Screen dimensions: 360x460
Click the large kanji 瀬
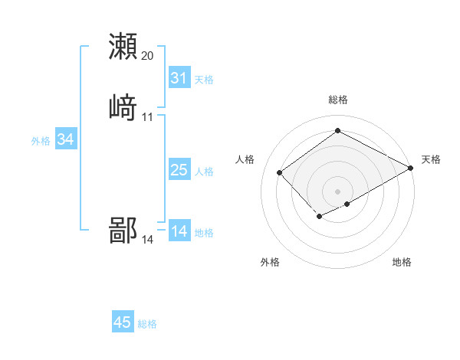coord(123,46)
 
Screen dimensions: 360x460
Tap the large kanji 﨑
coord(123,107)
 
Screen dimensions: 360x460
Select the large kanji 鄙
coord(123,230)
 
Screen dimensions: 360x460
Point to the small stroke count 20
coord(148,56)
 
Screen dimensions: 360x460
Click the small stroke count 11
coord(148,117)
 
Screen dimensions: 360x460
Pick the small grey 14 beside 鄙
coord(148,240)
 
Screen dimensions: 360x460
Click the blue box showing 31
coord(179,78)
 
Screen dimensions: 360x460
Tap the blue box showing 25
coord(179,170)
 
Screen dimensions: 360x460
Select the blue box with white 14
coord(179,231)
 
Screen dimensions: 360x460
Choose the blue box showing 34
coord(66,139)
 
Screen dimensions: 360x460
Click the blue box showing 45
coord(123,322)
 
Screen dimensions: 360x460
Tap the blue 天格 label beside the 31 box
coord(204,80)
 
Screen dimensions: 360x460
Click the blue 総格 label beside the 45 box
coord(147,324)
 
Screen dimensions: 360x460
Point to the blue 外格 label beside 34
coord(41,141)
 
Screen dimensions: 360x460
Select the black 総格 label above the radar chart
coord(338,100)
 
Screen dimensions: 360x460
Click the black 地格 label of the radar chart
coord(402,263)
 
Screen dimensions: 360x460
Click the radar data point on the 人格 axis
coord(280,172)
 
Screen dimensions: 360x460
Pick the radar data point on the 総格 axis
coord(338,131)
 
